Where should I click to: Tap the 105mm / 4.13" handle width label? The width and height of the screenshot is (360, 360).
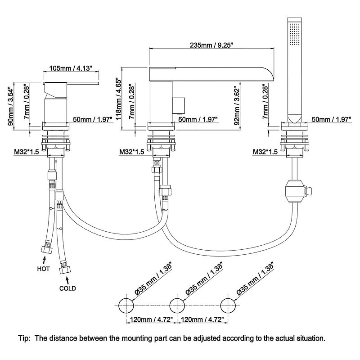(70, 68)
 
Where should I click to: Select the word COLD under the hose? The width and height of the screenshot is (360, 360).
(67, 288)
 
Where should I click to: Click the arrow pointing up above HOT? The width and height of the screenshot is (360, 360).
(44, 259)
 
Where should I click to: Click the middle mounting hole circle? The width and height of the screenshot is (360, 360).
(177, 305)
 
